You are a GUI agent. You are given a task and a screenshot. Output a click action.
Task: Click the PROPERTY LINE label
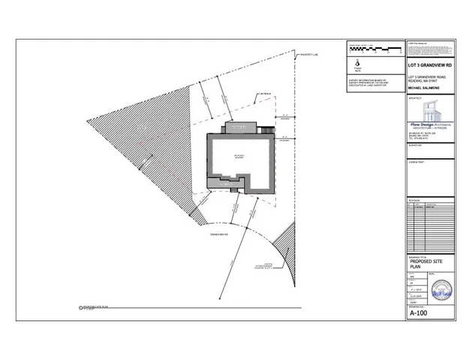click(309, 55)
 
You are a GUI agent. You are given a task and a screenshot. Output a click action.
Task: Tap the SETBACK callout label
click(265, 93)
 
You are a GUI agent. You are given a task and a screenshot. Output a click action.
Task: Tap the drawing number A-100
click(419, 315)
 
